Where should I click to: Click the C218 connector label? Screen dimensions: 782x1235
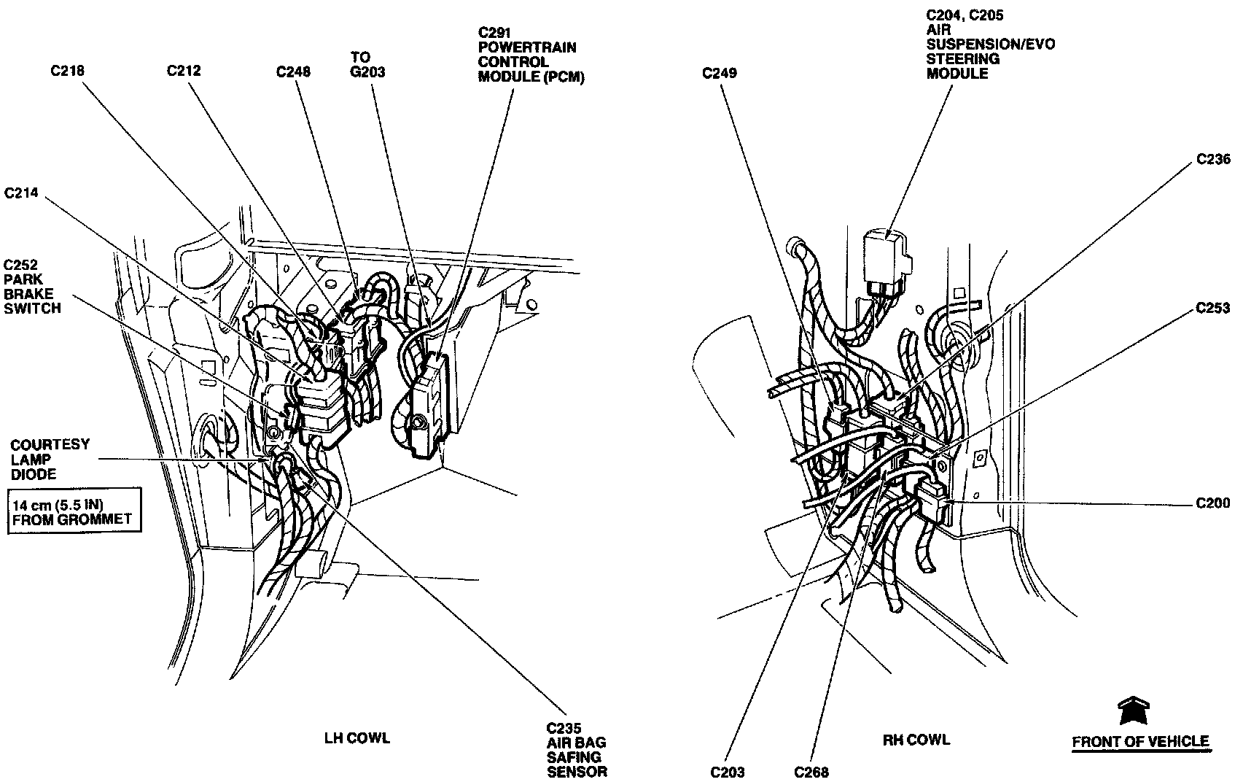(x=67, y=71)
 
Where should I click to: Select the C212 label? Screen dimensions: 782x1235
(x=184, y=71)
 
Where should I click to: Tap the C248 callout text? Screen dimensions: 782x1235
(x=293, y=71)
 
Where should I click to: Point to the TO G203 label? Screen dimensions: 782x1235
(x=367, y=64)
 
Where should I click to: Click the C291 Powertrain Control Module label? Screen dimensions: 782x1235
(x=531, y=55)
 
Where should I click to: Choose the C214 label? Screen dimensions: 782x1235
(x=21, y=193)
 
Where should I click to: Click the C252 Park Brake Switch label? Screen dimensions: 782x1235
(x=32, y=286)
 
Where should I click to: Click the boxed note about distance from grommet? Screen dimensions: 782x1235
(x=73, y=511)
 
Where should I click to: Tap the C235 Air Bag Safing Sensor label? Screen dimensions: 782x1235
(x=577, y=749)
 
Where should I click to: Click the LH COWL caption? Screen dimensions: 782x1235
(x=357, y=738)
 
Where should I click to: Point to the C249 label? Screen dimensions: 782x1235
(x=720, y=73)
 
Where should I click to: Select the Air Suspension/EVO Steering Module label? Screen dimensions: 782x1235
(x=990, y=44)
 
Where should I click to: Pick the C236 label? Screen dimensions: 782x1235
(x=1213, y=160)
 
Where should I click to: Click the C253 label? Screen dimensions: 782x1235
(x=1213, y=309)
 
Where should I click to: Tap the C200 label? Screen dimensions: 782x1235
(x=1213, y=503)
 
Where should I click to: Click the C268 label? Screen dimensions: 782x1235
(x=811, y=771)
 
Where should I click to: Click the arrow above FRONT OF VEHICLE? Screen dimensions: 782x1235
(x=1134, y=711)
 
